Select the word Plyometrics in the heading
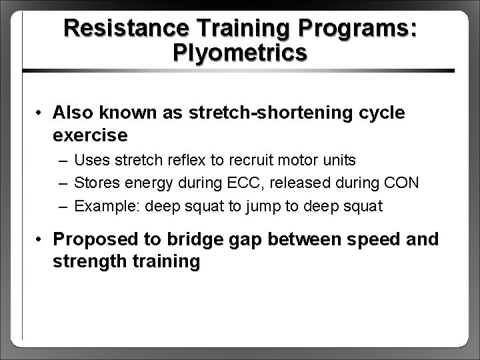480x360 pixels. [x=239, y=53]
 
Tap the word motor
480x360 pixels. [x=302, y=160]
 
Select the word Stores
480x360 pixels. [x=95, y=183]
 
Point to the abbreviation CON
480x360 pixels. [x=400, y=183]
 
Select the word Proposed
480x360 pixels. [x=88, y=239]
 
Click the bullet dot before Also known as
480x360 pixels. [x=41, y=113]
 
